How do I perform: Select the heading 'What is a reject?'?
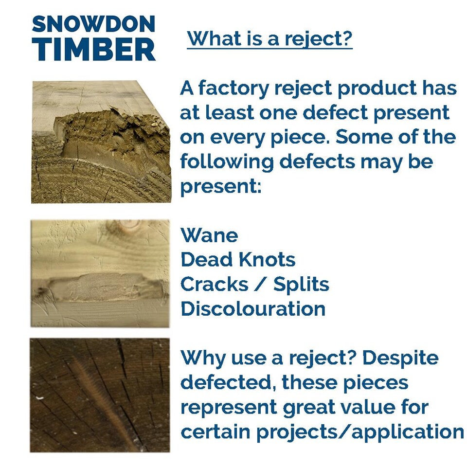point(269,38)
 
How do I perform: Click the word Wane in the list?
point(209,235)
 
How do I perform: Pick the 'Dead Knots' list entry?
point(238,260)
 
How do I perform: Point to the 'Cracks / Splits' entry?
point(254,285)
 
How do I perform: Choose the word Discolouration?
point(253,309)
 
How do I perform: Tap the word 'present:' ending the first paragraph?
point(220,186)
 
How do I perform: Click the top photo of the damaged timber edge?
point(101,142)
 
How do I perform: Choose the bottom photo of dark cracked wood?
point(100,395)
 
